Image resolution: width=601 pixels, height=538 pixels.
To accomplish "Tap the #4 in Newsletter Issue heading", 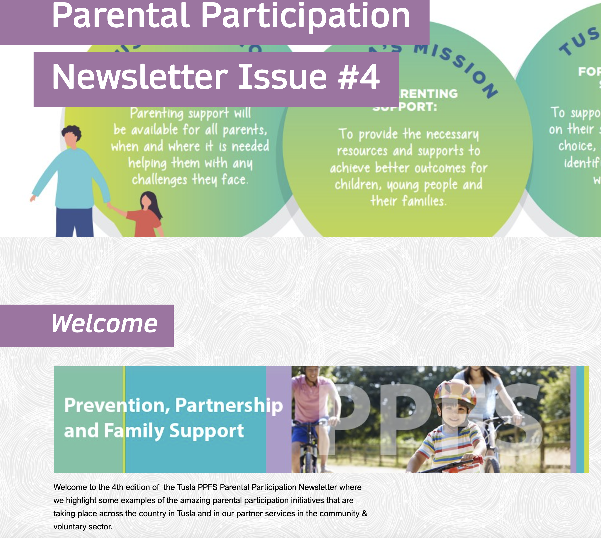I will coord(359,78).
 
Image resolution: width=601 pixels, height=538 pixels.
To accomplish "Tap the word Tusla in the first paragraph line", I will coord(186,487).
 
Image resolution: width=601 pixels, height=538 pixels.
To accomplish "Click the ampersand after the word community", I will coord(364,514).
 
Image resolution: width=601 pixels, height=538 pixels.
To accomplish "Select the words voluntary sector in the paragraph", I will coord(83,526).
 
